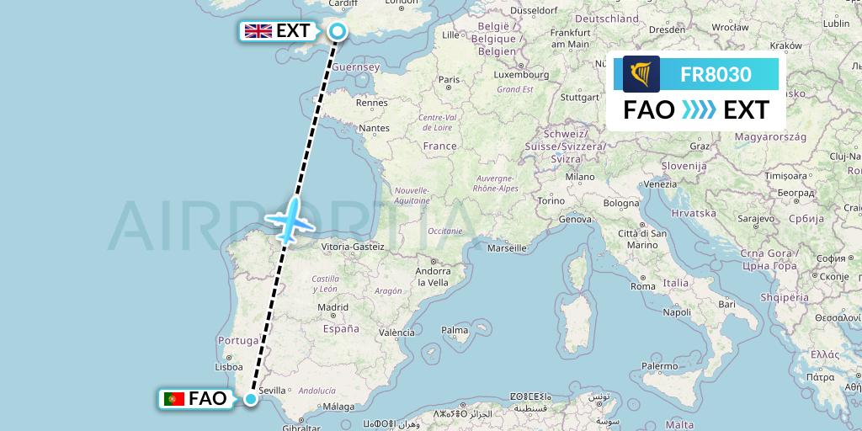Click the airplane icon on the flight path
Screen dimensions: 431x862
[290, 218]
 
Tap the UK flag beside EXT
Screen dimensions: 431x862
[257, 32]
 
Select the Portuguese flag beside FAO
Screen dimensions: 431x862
[174, 398]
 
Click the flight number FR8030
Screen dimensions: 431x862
[716, 74]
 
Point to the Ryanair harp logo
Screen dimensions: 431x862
[641, 74]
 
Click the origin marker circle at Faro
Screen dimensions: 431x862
[250, 398]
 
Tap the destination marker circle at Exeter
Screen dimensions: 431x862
[337, 32]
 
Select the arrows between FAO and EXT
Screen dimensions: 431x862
[698, 110]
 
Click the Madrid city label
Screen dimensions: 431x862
[333, 308]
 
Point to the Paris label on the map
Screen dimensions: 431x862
[448, 80]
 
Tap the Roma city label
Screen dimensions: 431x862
[643, 286]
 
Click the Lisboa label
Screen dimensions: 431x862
[229, 367]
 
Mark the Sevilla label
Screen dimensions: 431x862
[274, 391]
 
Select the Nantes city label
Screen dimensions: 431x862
[374, 128]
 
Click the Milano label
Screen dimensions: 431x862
[580, 177]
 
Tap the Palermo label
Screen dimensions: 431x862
[660, 365]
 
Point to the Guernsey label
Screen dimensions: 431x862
[357, 67]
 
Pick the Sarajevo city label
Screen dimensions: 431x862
[757, 218]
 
